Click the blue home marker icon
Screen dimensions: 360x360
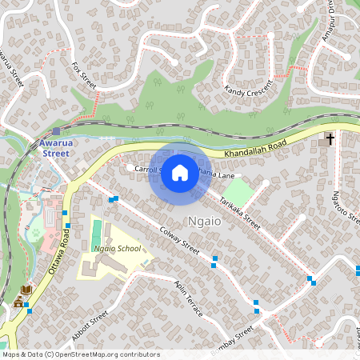tap(180, 173)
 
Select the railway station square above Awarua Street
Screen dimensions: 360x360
tap(56, 131)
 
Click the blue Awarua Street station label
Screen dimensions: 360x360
tap(55, 147)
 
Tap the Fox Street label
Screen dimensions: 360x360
tap(84, 76)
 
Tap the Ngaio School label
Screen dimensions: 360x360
tap(117, 249)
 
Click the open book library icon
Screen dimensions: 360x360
tap(26, 289)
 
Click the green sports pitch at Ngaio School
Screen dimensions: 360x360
tap(97, 234)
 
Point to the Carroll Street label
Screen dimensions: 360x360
tap(148, 170)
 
